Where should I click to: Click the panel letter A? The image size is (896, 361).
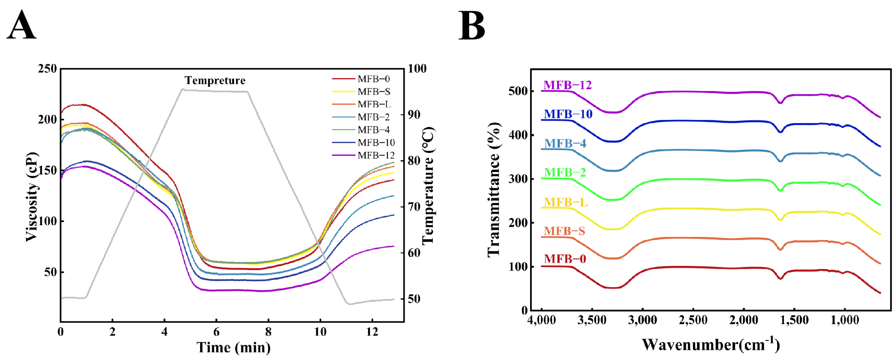pyautogui.click(x=22, y=25)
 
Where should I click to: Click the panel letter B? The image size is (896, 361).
pyautogui.click(x=472, y=25)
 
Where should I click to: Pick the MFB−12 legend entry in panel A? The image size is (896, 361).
pyautogui.click(x=363, y=155)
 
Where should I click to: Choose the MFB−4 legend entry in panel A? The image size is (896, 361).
pyautogui.click(x=361, y=130)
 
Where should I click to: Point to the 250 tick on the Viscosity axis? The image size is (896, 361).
pyautogui.click(x=47, y=69)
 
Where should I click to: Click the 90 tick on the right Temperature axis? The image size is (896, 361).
pyautogui.click(x=414, y=115)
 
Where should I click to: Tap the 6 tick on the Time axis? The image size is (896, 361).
pyautogui.click(x=216, y=332)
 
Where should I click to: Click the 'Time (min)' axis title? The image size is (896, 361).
pyautogui.click(x=233, y=347)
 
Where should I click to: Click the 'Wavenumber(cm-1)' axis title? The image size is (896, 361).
pyautogui.click(x=711, y=344)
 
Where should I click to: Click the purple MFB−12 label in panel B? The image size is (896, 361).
pyautogui.click(x=568, y=85)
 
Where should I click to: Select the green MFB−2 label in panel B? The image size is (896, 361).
pyautogui.click(x=565, y=172)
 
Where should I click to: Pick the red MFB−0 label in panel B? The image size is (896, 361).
pyautogui.click(x=565, y=259)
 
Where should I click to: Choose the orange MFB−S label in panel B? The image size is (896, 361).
pyautogui.click(x=564, y=231)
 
